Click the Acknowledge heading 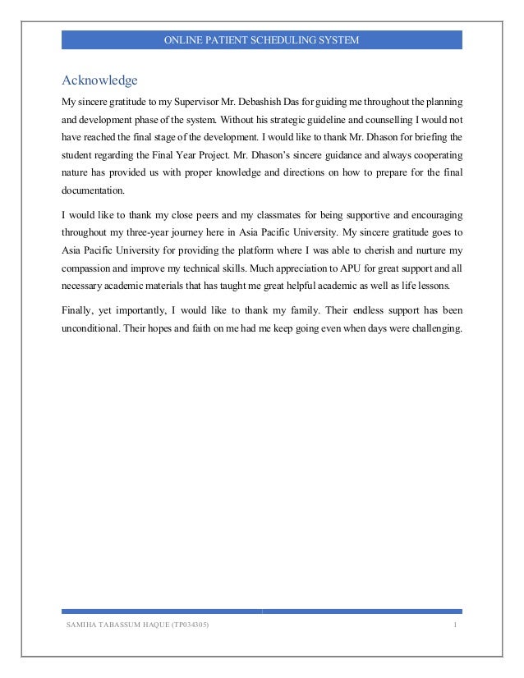[99, 80]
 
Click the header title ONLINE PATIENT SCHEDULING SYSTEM [261, 39]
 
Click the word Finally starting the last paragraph [80, 311]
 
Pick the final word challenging [433, 329]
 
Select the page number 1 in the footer [454, 627]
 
